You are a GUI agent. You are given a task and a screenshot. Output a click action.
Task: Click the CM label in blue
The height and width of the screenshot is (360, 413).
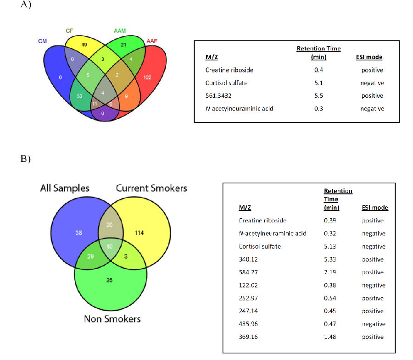coord(42,41)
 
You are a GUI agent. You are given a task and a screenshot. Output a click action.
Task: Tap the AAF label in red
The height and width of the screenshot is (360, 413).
coord(152,41)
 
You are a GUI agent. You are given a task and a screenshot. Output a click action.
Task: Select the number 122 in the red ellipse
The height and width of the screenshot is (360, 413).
coord(147,78)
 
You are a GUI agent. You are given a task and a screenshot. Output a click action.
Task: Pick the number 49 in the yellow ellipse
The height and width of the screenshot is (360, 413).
coord(84,45)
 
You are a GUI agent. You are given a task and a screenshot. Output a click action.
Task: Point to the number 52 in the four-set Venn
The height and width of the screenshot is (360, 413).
coord(79,96)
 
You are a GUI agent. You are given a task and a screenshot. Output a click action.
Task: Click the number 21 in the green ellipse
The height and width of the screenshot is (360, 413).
coord(123,45)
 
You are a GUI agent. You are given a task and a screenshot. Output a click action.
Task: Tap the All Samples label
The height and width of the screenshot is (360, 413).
coord(65,188)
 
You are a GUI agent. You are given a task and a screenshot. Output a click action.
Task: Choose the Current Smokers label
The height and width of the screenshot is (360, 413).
coord(151,188)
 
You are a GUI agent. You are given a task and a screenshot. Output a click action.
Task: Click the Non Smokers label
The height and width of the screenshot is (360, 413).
coord(112,319)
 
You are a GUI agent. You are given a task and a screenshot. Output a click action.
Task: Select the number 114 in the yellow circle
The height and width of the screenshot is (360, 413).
coord(140,233)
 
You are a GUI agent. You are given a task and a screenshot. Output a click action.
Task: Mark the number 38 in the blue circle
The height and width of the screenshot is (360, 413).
coord(79,233)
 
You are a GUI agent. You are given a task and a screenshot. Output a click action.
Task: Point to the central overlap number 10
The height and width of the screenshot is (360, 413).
coord(110,247)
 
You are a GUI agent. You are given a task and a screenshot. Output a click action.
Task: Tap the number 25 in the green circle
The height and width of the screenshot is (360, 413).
coord(110,280)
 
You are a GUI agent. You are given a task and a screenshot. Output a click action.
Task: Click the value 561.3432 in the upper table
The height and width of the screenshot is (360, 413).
coord(218,95)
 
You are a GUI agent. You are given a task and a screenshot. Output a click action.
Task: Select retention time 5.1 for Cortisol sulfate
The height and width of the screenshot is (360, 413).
coord(318,83)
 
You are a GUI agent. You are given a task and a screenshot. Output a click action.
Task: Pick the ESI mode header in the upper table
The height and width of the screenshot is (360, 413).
coord(369,57)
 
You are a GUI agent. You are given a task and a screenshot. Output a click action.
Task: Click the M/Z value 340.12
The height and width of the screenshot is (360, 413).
coord(248,260)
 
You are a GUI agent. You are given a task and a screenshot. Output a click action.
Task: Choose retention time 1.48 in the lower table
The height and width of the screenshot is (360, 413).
coord(330,337)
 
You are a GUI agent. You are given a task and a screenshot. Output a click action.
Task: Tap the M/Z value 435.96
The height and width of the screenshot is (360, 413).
coord(248,324)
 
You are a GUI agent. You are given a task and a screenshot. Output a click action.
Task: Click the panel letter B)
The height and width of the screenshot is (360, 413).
coord(26,159)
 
